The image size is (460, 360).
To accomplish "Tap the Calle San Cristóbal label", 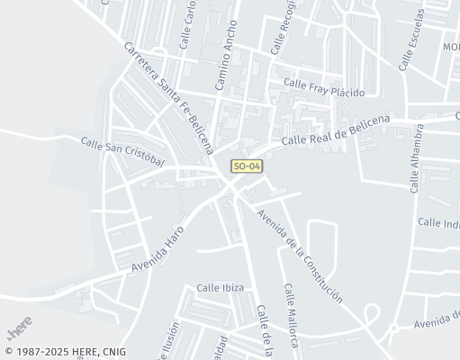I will click(122, 151).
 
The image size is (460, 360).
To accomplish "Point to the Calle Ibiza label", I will click(221, 288).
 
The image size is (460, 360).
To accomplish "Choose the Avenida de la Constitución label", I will click(299, 256).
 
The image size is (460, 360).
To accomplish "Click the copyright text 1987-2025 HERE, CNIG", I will click(65, 352).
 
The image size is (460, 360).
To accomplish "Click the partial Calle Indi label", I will click(438, 222).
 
